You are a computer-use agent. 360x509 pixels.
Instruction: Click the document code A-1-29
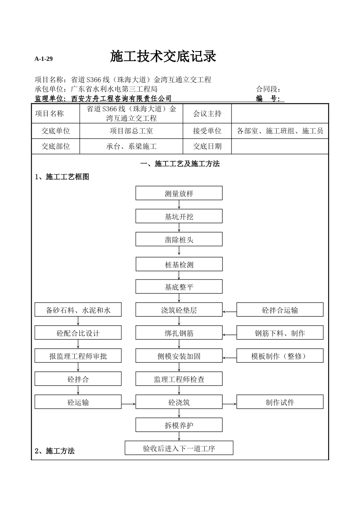click(x=44, y=59)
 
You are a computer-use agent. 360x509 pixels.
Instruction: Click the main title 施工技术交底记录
click(x=163, y=56)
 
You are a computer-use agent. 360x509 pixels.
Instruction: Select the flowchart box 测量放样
click(x=179, y=193)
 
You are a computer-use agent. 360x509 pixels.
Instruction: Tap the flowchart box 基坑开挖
click(x=179, y=216)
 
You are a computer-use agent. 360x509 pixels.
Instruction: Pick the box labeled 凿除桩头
click(x=179, y=239)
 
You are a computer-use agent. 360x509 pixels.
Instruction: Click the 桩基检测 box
click(x=179, y=264)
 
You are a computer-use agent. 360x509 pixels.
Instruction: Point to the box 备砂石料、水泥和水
click(x=78, y=310)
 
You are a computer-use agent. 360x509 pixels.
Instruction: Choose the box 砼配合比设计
click(x=78, y=333)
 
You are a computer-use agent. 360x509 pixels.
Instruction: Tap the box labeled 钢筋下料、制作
click(x=280, y=333)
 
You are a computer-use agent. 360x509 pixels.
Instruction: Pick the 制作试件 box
click(x=280, y=402)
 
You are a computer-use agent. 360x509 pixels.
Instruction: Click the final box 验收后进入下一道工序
click(x=179, y=448)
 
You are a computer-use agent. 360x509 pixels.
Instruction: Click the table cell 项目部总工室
click(x=131, y=131)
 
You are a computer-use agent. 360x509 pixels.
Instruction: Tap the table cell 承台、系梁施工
click(x=131, y=146)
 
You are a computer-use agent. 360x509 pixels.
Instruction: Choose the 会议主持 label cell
click(x=207, y=114)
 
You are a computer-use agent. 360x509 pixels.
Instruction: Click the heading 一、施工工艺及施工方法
click(x=180, y=164)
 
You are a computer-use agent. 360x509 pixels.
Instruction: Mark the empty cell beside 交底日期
click(x=280, y=146)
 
